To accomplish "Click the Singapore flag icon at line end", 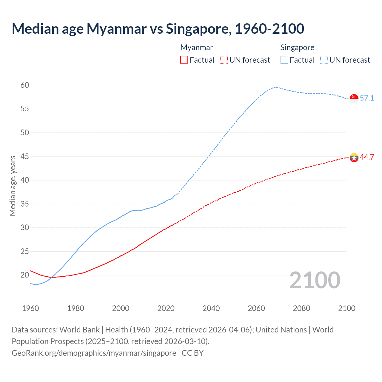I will pos(354,98).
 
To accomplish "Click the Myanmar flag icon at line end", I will pos(354,157).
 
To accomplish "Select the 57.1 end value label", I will pos(367,98).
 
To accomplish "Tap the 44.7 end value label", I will pos(367,157).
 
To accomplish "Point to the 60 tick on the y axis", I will pos(25,85).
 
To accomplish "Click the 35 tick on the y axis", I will pos(25,204).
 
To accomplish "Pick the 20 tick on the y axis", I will pos(25,275).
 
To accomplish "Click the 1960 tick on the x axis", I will pos(30,308).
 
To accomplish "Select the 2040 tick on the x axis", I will pos(211,308).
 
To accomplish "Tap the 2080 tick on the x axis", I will pos(301,308).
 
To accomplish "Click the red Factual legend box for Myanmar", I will pos(184,60).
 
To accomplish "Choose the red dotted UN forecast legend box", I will pos(224,60).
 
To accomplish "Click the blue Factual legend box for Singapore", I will pos(284,60).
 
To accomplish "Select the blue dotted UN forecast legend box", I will pos(324,60).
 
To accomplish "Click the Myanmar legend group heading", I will pos(197,48).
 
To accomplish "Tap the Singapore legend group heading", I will pos(297,48).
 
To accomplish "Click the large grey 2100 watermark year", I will pos(315,280).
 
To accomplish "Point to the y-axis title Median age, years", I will pos(13,186).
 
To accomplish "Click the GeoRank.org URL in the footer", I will pos(94,353).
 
